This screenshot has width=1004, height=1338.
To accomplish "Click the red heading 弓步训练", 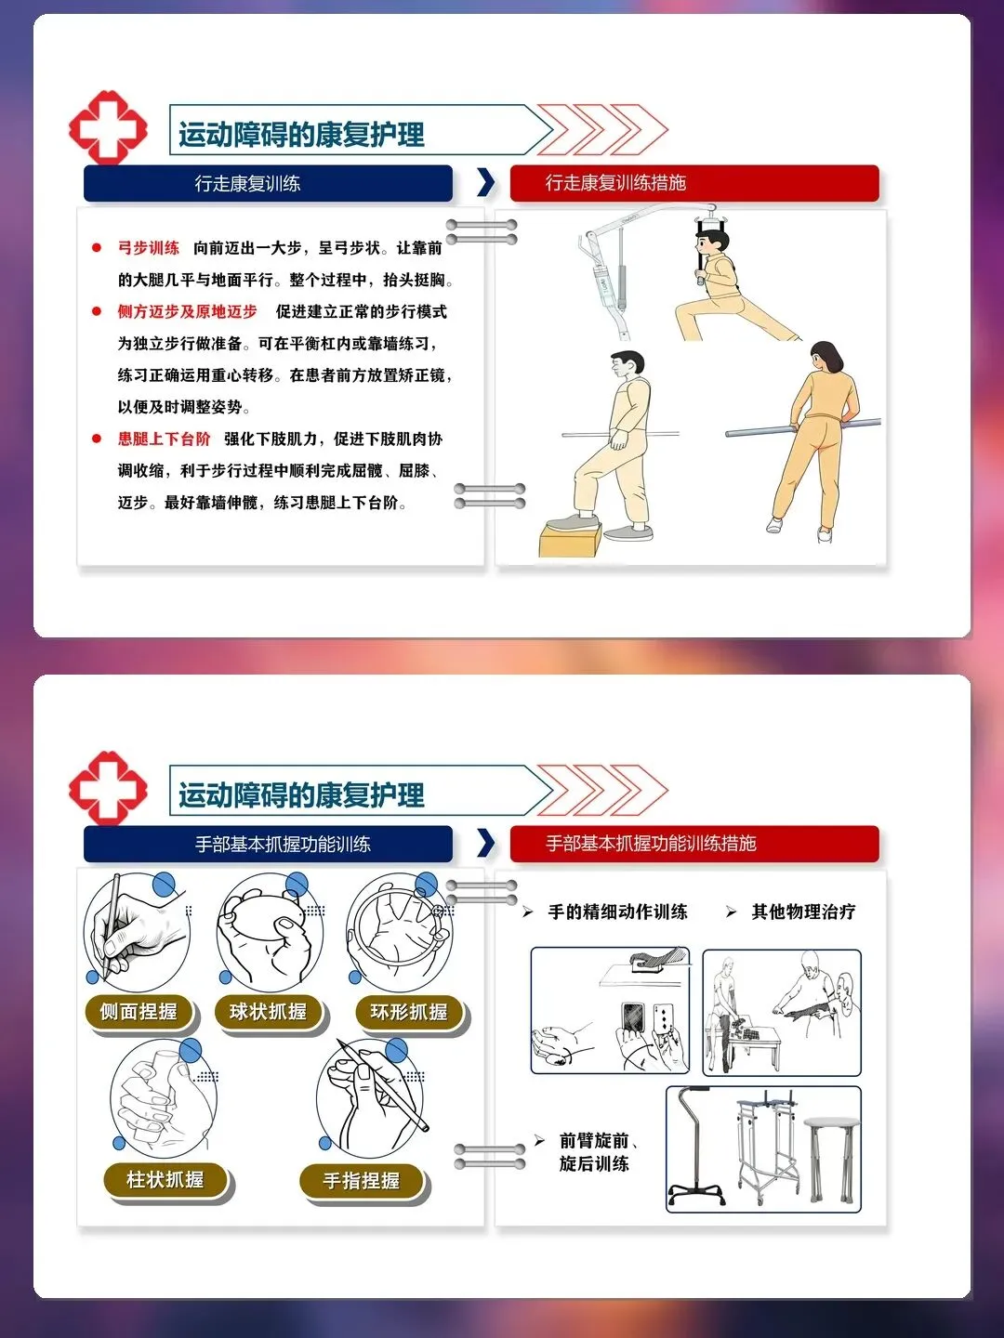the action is tap(148, 248).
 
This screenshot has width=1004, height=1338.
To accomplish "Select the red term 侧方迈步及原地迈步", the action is tap(187, 311).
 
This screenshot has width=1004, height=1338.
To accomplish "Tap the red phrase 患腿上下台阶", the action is tap(164, 439).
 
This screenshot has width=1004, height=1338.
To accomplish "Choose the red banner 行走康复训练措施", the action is tap(694, 183).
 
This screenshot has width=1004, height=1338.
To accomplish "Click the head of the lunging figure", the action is tap(712, 241).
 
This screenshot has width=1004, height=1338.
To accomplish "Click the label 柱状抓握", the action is tap(165, 1180).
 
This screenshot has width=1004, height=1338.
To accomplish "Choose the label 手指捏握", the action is tap(362, 1181).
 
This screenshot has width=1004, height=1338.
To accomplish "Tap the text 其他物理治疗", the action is tap(803, 912).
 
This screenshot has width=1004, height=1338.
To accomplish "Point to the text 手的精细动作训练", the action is tap(617, 912).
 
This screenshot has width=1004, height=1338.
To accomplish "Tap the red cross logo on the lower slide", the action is tap(108, 788).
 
